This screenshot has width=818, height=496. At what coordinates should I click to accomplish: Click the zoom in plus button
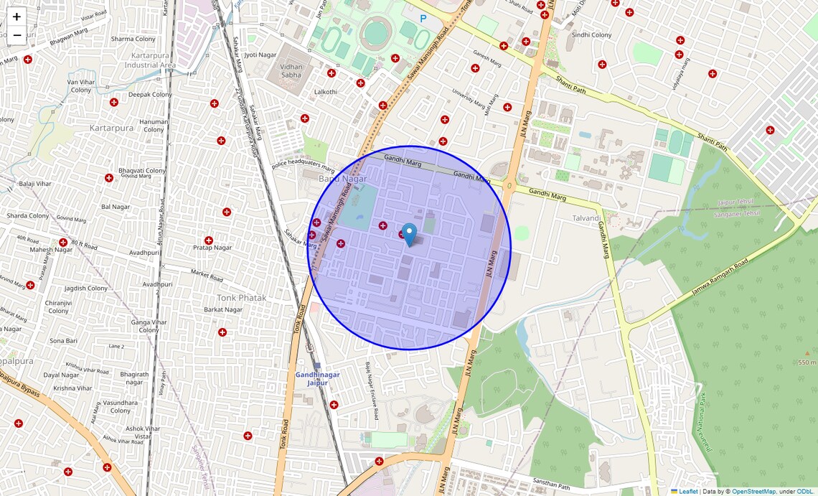click(17, 17)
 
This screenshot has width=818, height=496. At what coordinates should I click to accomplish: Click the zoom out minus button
click(17, 35)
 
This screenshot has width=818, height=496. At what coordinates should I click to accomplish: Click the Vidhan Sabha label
click(291, 70)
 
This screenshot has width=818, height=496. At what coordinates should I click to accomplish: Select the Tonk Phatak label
click(242, 298)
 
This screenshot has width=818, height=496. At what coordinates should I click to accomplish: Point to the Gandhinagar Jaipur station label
click(317, 378)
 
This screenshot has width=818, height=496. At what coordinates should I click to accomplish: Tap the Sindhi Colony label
click(591, 35)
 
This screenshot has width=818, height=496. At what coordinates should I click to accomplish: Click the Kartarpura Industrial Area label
click(150, 60)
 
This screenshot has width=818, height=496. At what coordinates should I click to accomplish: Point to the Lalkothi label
click(326, 92)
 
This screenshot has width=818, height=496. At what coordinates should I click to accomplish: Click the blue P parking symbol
click(423, 19)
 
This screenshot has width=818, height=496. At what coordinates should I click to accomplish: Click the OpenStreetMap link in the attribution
click(753, 492)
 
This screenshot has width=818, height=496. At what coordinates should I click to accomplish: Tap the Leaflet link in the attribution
click(688, 492)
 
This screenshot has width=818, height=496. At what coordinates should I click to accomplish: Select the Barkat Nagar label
click(222, 309)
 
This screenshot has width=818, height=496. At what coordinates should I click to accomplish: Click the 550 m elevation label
click(807, 362)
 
